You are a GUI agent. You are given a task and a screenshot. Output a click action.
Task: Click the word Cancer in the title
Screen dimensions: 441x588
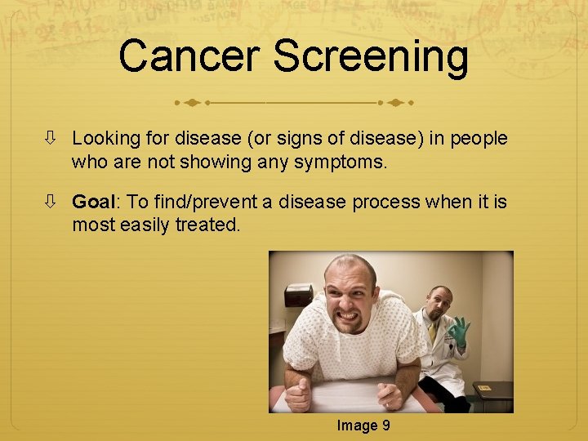coord(189,57)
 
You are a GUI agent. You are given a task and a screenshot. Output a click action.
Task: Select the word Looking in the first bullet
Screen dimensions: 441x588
coord(104,139)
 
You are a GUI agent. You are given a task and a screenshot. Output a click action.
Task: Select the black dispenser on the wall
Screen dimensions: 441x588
coord(298,295)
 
